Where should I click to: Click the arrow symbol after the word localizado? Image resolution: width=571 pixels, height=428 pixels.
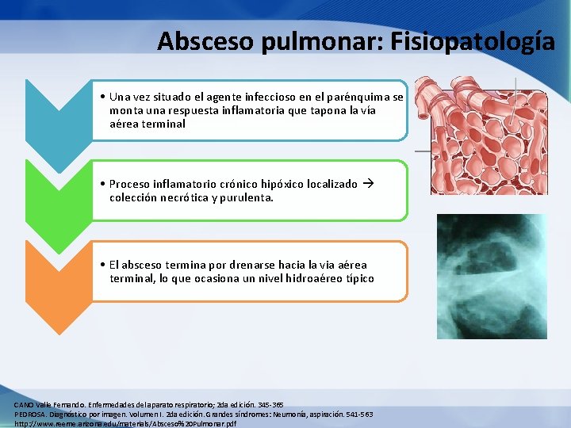367,184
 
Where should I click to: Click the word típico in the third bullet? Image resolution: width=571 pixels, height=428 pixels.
359,278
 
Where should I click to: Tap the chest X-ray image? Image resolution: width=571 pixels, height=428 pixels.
492,276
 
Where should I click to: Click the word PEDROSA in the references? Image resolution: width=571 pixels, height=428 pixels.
30,415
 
